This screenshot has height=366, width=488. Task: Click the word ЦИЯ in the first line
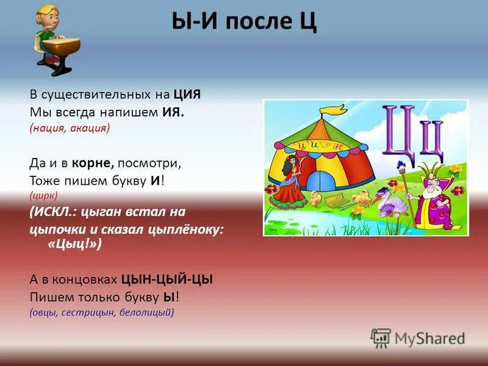187,95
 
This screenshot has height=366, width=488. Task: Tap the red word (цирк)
43,196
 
